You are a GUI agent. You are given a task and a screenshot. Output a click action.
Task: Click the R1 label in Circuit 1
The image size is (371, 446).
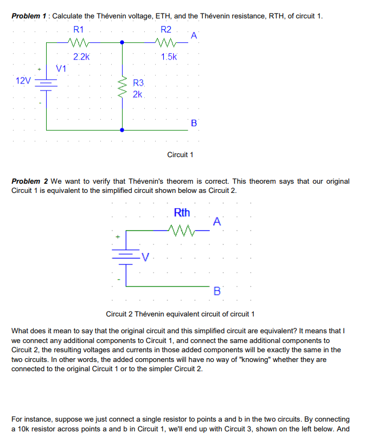(78, 29)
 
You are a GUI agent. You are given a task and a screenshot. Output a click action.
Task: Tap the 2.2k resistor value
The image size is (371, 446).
(81, 56)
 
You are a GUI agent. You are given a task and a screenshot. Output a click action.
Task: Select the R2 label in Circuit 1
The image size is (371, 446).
(166, 29)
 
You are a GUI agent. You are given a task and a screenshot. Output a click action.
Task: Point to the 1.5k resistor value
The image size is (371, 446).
(169, 56)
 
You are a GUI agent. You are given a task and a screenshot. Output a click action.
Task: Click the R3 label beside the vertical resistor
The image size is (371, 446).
(138, 83)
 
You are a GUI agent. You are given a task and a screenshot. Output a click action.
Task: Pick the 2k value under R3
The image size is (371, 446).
(137, 94)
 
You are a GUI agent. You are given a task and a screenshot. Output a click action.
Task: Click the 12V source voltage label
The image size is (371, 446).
(23, 81)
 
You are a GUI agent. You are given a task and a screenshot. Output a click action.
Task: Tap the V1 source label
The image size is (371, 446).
(61, 69)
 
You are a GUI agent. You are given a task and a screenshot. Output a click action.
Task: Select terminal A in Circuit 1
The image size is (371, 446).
(194, 36)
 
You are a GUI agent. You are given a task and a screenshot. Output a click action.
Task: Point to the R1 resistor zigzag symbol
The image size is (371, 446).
(78, 42)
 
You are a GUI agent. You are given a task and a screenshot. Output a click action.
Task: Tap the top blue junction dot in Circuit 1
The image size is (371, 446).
(122, 42)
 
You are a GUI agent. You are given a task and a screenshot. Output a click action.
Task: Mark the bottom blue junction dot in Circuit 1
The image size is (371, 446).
(122, 130)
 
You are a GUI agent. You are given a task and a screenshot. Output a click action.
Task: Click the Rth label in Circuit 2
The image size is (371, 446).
(182, 212)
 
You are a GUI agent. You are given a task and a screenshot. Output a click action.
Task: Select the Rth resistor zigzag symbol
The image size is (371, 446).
(181, 229)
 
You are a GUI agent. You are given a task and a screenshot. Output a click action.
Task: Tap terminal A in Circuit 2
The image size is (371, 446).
(217, 222)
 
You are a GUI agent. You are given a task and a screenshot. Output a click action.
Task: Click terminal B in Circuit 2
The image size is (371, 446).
(217, 292)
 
